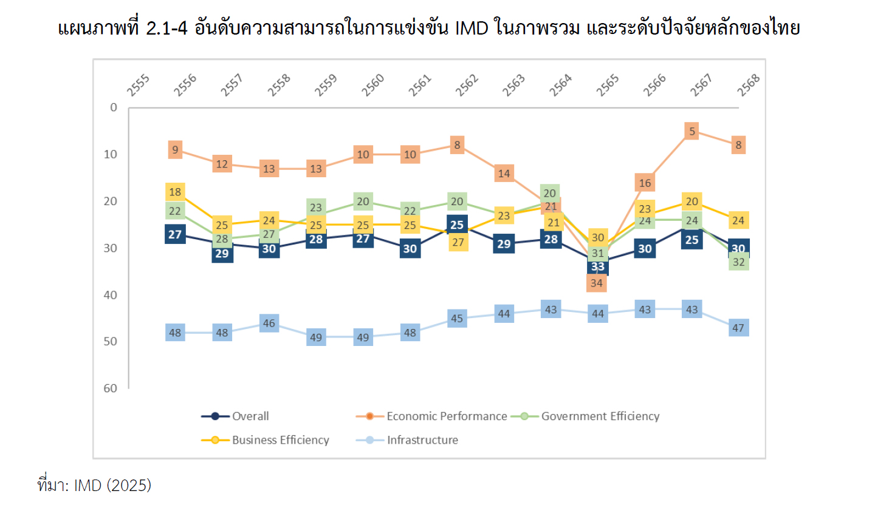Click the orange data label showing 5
tap(691, 131)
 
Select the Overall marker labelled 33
tap(598, 266)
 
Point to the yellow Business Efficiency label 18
tap(175, 192)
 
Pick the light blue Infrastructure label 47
tap(738, 328)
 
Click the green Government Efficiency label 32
tap(738, 262)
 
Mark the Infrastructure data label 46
tap(269, 323)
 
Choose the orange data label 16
tap(645, 182)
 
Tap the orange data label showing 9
tap(175, 150)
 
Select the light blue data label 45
tap(457, 318)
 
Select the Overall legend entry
tap(250, 416)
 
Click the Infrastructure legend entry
tap(422, 440)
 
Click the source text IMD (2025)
tap(112, 486)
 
